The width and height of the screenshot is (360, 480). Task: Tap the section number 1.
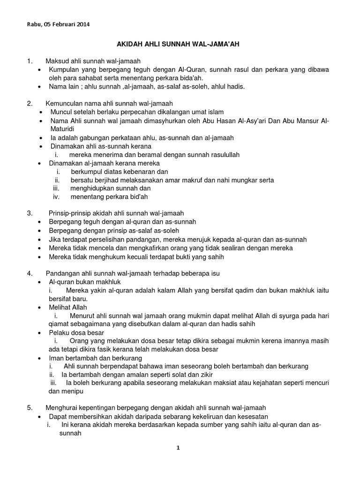[x=30, y=61]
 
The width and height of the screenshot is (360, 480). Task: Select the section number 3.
[x=30, y=213]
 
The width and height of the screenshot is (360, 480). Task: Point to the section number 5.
[x=30, y=407]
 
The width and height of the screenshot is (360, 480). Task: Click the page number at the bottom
[x=178, y=448]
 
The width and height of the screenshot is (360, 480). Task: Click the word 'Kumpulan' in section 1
[x=64, y=69]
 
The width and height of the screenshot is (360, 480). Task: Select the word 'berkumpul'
[x=86, y=172]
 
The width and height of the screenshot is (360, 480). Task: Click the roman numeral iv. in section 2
[x=56, y=197]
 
